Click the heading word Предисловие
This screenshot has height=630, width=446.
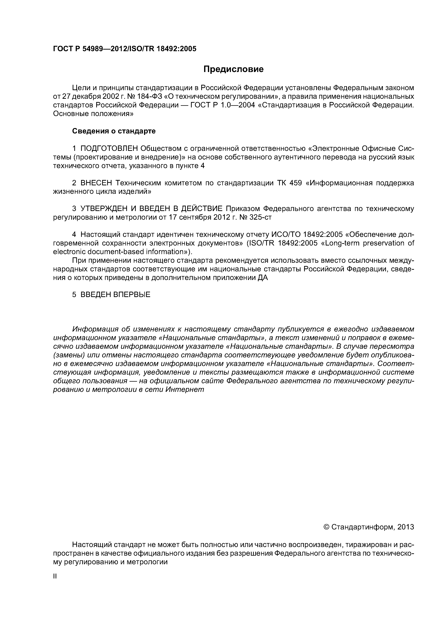[233, 69]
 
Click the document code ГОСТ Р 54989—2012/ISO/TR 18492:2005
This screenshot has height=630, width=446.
[124, 49]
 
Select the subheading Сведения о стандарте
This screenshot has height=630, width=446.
[114, 131]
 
